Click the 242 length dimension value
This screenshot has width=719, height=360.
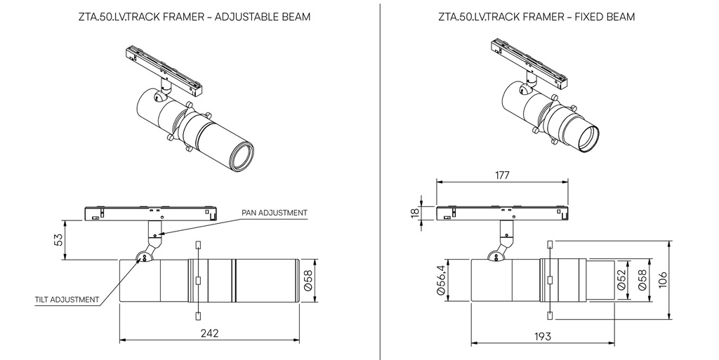(x=209, y=333)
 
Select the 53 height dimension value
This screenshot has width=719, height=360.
(x=59, y=240)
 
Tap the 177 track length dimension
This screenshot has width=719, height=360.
(x=502, y=175)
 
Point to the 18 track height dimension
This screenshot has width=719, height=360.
(x=415, y=213)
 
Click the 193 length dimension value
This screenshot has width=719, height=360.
(x=543, y=337)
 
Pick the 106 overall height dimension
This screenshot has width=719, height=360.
(x=662, y=280)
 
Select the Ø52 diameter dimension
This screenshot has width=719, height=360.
(x=621, y=279)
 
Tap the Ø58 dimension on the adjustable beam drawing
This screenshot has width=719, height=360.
(x=308, y=280)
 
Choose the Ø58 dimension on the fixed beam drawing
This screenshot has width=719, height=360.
(x=642, y=279)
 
